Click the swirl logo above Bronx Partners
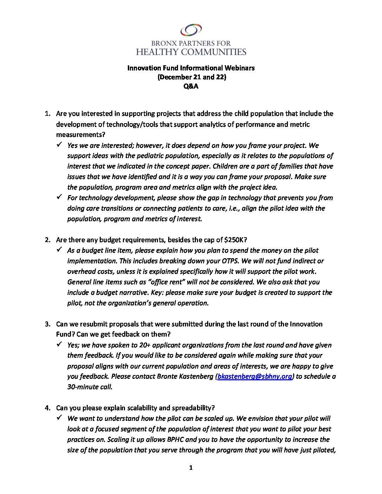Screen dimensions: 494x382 [191, 30]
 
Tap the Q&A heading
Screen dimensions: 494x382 [191, 86]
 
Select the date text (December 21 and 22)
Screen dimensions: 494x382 [191, 77]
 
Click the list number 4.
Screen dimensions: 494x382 [47, 408]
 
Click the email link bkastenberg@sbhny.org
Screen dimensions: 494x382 [255, 376]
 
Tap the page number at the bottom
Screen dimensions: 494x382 [191, 467]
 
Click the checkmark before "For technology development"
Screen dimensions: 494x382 [59, 197]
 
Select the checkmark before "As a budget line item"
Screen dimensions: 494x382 [59, 250]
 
